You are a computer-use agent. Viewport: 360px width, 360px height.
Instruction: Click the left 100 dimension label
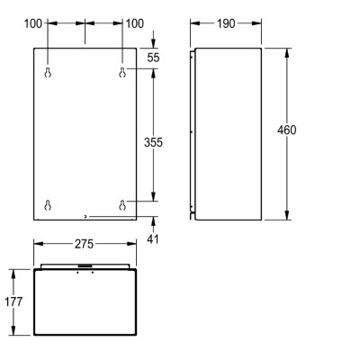pyautogui.click(x=33, y=22)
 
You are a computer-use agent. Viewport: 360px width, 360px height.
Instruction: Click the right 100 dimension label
pyautogui.click(x=134, y=22)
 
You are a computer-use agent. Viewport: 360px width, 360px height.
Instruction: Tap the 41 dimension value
pyautogui.click(x=153, y=238)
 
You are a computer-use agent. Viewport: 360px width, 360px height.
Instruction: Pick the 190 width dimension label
pyautogui.click(x=227, y=22)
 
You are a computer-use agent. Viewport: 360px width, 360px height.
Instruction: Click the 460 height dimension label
pyautogui.click(x=287, y=130)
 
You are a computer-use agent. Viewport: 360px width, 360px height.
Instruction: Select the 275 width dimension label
pyautogui.click(x=83, y=244)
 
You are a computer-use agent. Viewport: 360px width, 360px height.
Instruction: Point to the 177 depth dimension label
pyautogui.click(x=12, y=301)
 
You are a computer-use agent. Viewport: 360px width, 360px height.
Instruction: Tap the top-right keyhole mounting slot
pyautogui.click(x=122, y=72)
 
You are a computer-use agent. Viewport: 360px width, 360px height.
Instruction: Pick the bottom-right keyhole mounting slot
pyautogui.click(x=122, y=205)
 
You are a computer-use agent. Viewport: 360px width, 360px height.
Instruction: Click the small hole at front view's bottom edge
pyautogui.click(x=85, y=216)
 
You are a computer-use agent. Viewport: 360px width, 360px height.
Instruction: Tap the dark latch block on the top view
pyautogui.click(x=84, y=265)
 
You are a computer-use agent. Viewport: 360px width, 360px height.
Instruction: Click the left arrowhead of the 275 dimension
pyautogui.click(x=37, y=244)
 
